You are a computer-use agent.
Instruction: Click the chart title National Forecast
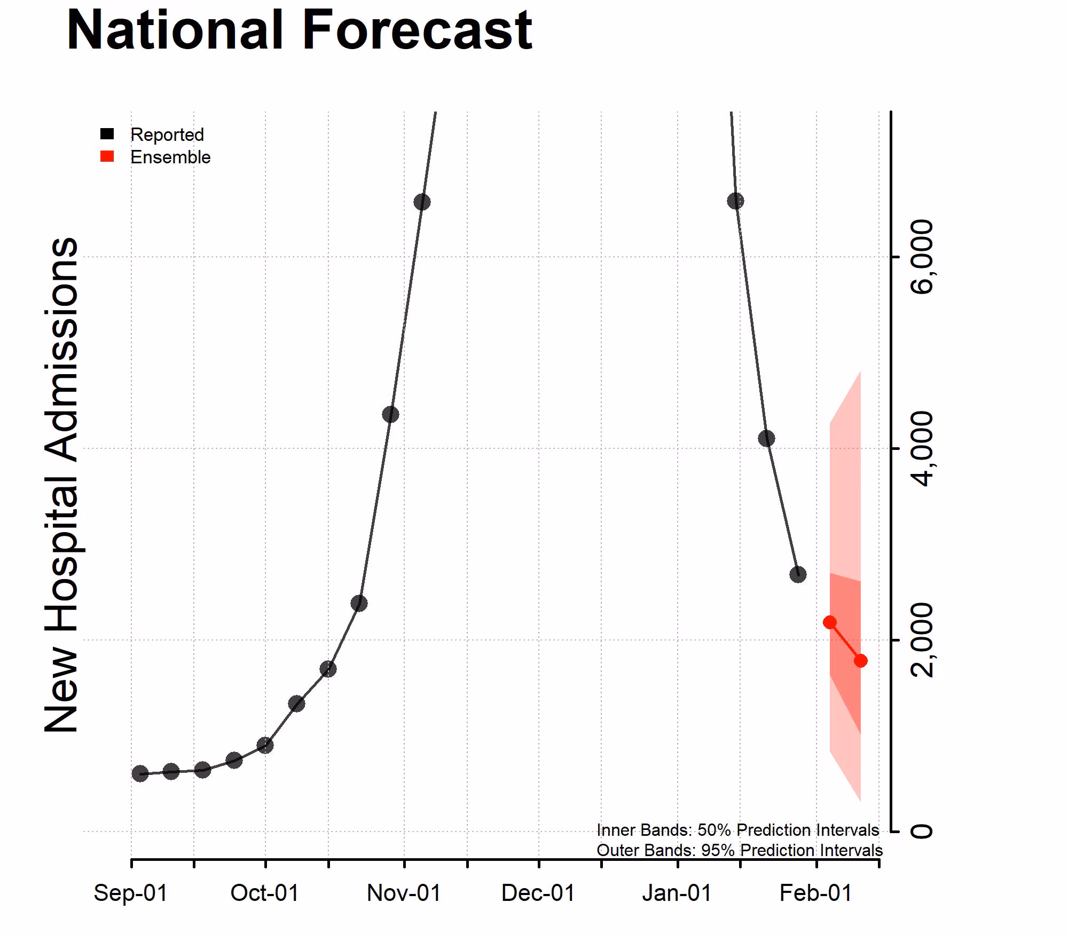(299, 30)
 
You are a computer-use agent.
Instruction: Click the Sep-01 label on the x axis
(131, 893)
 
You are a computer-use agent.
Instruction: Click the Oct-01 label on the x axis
(265, 893)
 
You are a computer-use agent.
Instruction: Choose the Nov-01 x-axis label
(404, 893)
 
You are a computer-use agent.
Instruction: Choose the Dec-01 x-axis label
(538, 893)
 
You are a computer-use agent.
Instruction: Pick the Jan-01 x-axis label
(677, 893)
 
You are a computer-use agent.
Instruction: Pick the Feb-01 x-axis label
(816, 893)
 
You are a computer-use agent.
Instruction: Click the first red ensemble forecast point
(830, 622)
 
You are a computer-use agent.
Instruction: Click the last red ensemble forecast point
(860, 661)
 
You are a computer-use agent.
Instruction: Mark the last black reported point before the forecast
(798, 575)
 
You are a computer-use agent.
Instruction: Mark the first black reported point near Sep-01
(140, 773)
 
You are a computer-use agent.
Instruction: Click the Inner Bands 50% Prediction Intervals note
(737, 830)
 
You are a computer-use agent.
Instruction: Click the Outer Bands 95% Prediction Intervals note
(739, 850)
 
